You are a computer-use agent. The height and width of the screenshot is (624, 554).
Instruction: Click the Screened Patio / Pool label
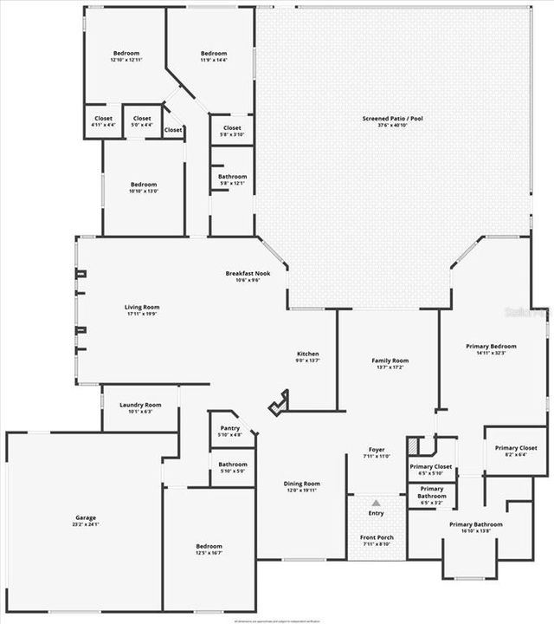[392, 118]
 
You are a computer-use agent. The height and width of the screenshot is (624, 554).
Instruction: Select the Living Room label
[142, 307]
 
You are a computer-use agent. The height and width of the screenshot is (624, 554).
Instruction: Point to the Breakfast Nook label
[248, 273]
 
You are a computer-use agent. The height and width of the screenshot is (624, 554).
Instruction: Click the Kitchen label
[308, 354]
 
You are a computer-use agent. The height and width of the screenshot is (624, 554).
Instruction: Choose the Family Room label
[390, 361]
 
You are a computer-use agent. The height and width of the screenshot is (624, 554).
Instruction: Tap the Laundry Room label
[140, 405]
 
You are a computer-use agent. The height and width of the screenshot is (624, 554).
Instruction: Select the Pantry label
[230, 428]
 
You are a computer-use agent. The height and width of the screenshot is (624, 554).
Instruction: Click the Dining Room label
[302, 484]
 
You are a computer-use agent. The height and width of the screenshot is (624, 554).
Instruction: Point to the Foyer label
[377, 450]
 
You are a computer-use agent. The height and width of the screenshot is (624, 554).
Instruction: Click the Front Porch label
[377, 538]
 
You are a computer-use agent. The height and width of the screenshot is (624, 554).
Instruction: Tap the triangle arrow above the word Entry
[377, 503]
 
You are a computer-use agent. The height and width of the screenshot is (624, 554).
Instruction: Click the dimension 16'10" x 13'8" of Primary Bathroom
[475, 531]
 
